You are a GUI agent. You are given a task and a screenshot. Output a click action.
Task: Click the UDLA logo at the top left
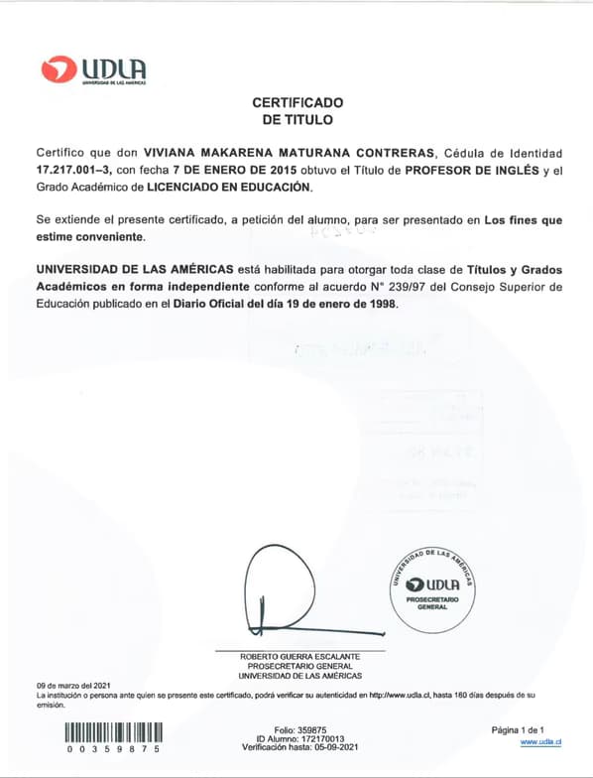point(94,70)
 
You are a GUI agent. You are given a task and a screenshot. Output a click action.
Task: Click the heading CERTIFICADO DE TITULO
point(297,110)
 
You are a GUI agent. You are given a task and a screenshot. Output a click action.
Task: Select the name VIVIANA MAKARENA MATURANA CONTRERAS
point(290,153)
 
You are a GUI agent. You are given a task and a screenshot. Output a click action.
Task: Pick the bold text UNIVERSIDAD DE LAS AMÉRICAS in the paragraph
point(135,270)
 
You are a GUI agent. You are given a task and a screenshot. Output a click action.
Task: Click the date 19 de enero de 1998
point(333,304)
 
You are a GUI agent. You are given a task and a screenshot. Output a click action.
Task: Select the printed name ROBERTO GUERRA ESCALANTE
point(300,657)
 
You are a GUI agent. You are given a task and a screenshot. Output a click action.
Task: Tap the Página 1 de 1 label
point(518,729)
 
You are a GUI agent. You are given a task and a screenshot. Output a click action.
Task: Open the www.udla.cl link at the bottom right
point(541,741)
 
